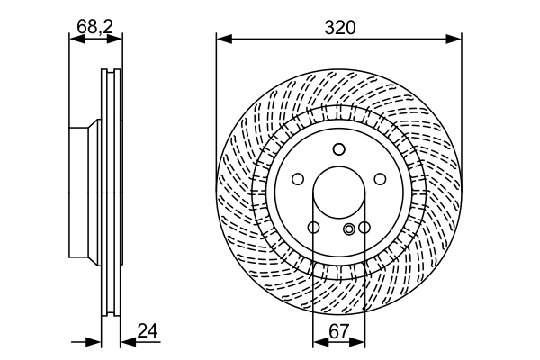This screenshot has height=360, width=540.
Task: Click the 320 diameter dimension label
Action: pos(339,27)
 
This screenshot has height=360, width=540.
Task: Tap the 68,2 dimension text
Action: pos(94,27)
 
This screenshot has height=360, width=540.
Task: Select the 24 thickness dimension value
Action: pos(148,330)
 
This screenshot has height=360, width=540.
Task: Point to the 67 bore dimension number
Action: pos(338,330)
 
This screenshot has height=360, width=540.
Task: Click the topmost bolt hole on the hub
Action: pos(338,149)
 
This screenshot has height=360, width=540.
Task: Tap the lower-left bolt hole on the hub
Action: pos(312,228)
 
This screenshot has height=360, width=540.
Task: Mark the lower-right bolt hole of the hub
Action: pos(364,228)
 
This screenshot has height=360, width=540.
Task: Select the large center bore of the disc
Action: pos(338,193)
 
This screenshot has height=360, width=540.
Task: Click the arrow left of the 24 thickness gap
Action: pos(95,342)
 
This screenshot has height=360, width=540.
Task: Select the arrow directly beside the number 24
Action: pos(127,342)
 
